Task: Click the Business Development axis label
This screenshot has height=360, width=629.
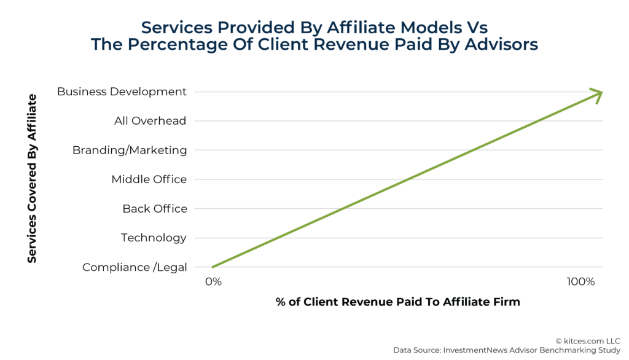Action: pyautogui.click(x=122, y=92)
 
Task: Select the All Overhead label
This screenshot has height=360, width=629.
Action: pyautogui.click(x=150, y=121)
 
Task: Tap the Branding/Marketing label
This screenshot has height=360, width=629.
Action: pyautogui.click(x=130, y=150)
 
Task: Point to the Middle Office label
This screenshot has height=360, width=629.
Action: pyautogui.click(x=149, y=179)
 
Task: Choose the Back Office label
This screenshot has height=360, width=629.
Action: pyautogui.click(x=155, y=209)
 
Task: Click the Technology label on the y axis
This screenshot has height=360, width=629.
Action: pyautogui.click(x=154, y=238)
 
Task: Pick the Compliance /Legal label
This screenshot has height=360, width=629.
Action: pyautogui.click(x=135, y=267)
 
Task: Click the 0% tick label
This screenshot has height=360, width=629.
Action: pyautogui.click(x=213, y=282)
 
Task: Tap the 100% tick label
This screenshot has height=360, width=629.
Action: pyautogui.click(x=580, y=282)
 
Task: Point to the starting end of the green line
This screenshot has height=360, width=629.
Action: pyautogui.click(x=214, y=267)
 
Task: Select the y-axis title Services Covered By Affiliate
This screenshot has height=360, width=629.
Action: pyautogui.click(x=32, y=179)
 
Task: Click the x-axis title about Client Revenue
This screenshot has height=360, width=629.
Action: pyautogui.click(x=397, y=302)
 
